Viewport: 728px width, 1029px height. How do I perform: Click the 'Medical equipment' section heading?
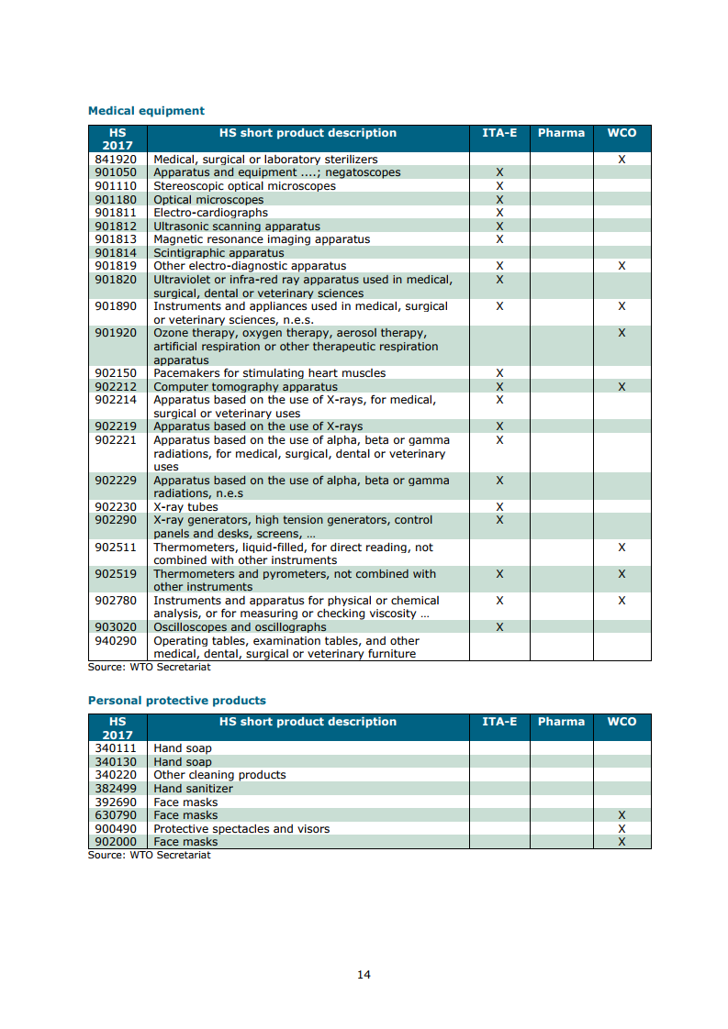click(x=146, y=111)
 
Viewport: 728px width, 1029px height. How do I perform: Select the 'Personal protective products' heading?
click(x=176, y=701)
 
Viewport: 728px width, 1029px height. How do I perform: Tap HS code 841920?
click(x=116, y=160)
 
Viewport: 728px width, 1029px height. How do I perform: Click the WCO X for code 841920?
click(x=622, y=160)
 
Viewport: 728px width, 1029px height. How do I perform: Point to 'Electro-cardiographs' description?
click(x=210, y=213)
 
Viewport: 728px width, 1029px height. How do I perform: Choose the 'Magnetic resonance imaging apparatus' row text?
click(x=262, y=239)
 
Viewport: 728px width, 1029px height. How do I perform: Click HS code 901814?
click(x=116, y=253)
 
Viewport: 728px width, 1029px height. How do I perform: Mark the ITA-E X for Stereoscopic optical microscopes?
click(x=499, y=186)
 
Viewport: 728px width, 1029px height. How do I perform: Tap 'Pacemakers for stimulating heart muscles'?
click(x=269, y=373)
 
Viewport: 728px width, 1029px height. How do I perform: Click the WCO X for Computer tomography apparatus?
click(x=622, y=387)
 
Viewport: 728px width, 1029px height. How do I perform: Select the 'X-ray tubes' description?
click(x=185, y=507)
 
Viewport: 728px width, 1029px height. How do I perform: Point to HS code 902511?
click(x=116, y=548)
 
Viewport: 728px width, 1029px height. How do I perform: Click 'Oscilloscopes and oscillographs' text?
click(x=240, y=627)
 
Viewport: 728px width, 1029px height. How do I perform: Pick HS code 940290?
click(x=116, y=641)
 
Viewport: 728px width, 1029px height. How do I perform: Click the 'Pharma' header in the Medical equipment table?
click(x=561, y=133)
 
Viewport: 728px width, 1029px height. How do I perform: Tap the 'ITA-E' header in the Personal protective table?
click(x=499, y=722)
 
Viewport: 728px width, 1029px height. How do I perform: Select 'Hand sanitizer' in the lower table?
click(x=193, y=789)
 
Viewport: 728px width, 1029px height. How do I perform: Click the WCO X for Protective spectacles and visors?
click(x=622, y=829)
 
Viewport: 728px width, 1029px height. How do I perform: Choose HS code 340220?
click(x=116, y=775)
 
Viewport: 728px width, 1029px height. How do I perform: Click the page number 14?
click(x=364, y=975)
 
